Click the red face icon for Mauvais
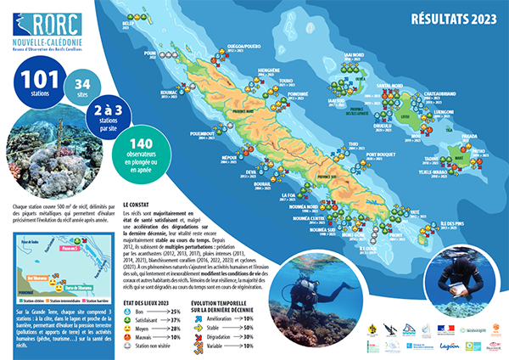[128, 336]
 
